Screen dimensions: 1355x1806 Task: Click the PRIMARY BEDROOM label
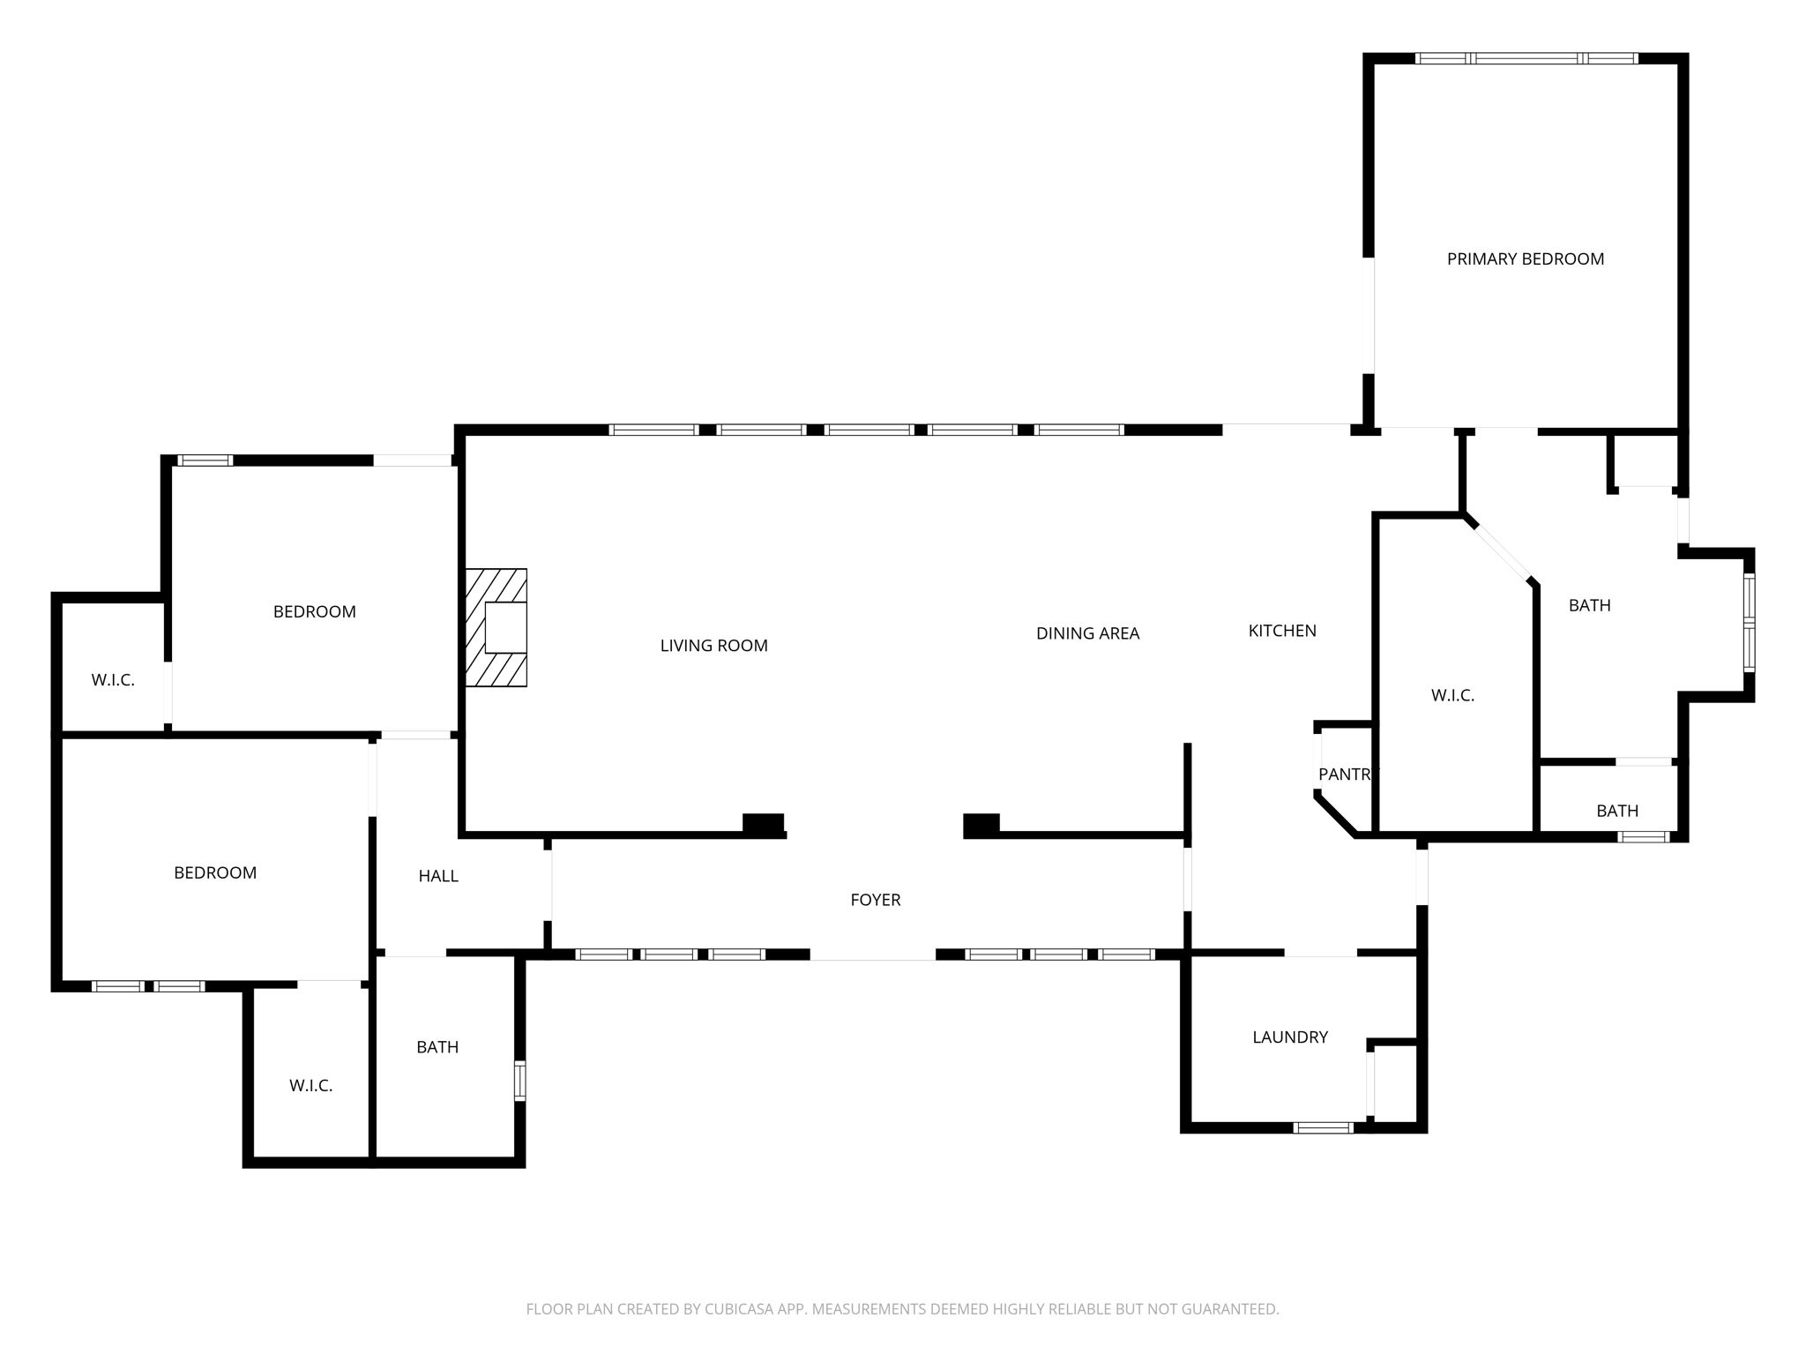(1525, 259)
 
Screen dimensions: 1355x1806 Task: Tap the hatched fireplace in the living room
(496, 627)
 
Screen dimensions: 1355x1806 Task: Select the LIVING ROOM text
(713, 646)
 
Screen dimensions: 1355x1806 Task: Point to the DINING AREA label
(1087, 633)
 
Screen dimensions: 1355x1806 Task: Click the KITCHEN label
(1282, 631)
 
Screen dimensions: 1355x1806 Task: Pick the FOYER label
(875, 900)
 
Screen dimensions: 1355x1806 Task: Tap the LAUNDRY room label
(1290, 1037)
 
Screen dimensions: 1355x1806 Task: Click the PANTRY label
(1347, 775)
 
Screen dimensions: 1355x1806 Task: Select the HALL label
(438, 876)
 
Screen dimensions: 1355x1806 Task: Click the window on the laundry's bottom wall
(1323, 1127)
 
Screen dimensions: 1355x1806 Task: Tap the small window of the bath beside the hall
(519, 1081)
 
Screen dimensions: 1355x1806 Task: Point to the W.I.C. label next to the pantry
(1452, 696)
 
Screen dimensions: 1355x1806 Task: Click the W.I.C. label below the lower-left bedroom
(310, 1086)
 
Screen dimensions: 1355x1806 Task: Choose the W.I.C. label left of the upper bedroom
(113, 680)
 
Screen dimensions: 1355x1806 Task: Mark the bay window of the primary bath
(1749, 623)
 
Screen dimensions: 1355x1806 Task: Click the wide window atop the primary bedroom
(1526, 59)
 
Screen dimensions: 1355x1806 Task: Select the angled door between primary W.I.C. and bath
(1503, 552)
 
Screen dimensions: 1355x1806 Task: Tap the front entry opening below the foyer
(872, 957)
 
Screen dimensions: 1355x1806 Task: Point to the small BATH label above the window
(1617, 811)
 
